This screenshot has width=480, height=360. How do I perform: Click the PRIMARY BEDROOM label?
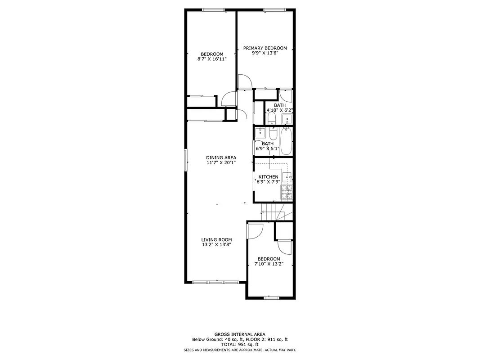coord(265,48)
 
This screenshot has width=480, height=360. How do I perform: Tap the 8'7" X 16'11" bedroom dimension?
coord(212,59)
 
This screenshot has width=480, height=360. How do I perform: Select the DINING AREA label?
coord(221,157)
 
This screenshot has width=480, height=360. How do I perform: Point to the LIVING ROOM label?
coord(216,239)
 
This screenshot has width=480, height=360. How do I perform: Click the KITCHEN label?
coord(268,177)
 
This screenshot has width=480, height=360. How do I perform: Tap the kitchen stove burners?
coord(287,193)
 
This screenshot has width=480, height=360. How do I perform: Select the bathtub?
coord(286,141)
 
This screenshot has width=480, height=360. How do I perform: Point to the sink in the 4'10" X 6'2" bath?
coord(287,119)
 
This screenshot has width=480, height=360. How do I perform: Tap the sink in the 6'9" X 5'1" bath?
coord(260,133)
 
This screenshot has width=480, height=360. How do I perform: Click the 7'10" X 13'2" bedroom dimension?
coord(269,264)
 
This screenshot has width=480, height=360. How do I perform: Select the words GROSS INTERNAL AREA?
coord(239,334)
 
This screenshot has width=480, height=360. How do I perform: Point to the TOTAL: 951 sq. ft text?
coord(239,344)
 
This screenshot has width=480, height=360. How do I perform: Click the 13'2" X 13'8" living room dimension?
coord(216,245)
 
